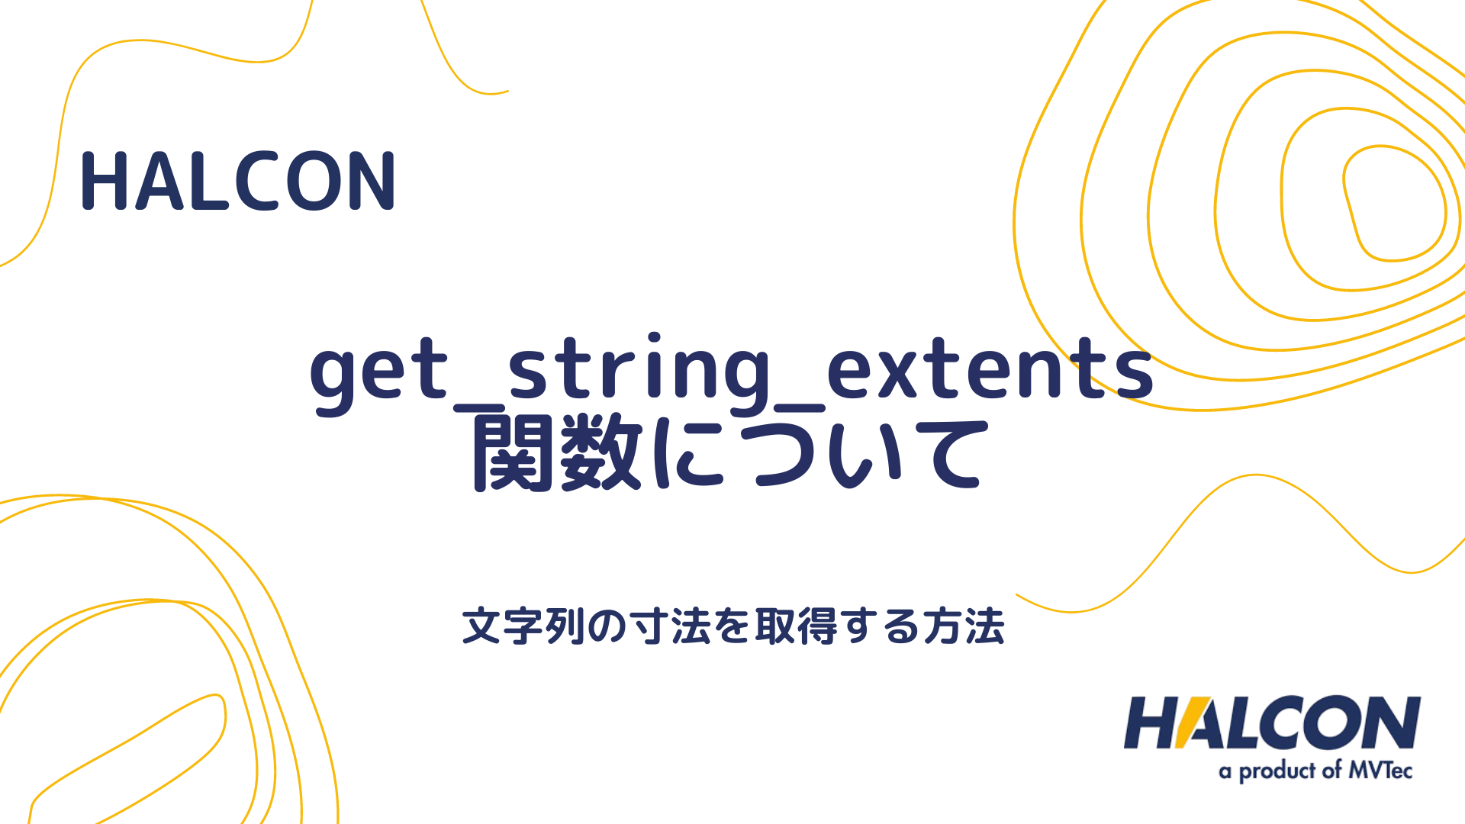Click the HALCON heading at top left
[x=238, y=181]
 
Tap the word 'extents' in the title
[x=990, y=369]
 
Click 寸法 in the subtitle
[x=670, y=626]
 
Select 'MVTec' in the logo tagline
[x=1380, y=770]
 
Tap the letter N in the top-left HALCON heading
[x=372, y=181]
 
